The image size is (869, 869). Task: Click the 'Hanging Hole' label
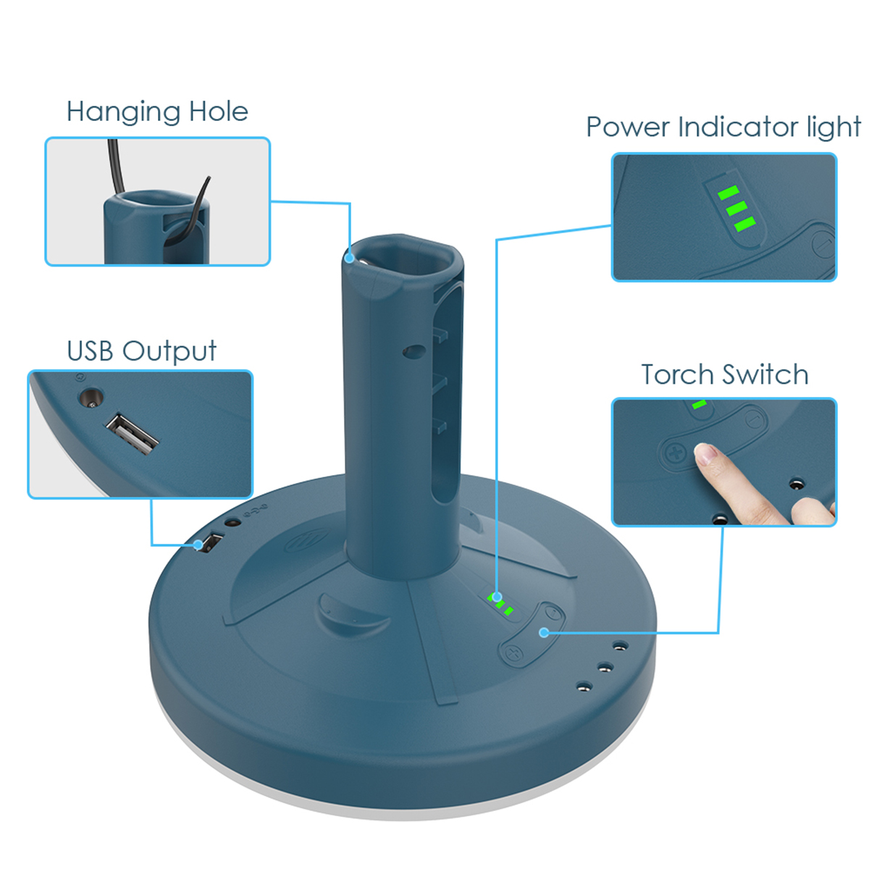pos(157,112)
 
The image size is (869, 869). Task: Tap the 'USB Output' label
pos(142,351)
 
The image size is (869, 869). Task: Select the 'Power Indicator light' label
pos(723,127)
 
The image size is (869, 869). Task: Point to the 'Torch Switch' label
pos(725,374)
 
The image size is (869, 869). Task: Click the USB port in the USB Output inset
pos(132,434)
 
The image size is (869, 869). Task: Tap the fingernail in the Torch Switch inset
pos(706,454)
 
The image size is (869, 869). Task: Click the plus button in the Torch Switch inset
pos(676,453)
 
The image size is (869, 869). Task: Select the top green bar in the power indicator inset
pos(728,193)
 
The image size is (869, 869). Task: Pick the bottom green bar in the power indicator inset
pos(744,224)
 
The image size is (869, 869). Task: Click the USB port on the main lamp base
pos(212,542)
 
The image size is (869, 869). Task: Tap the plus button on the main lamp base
pos(513,652)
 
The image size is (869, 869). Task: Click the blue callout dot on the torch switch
pos(544,632)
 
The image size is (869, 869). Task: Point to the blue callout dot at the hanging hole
pos(349,258)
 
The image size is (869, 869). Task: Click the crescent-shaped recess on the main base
pos(350,614)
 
